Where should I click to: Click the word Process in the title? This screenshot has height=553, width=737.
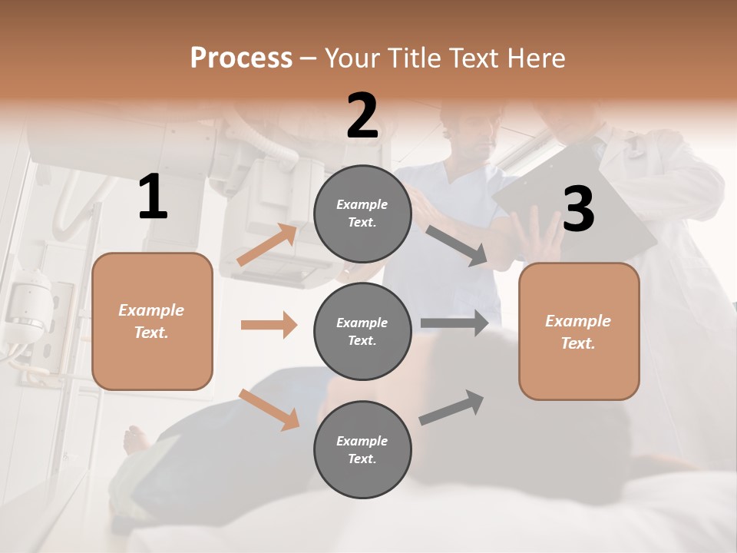click(241, 58)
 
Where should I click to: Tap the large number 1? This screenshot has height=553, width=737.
click(153, 197)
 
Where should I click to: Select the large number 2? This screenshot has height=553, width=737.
click(362, 116)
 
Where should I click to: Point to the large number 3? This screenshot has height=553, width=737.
click(578, 210)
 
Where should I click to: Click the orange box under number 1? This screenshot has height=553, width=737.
click(152, 321)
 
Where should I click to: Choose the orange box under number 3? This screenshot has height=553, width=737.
click(579, 331)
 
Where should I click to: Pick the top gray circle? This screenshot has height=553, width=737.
click(362, 214)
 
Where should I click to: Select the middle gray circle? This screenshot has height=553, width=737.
click(362, 331)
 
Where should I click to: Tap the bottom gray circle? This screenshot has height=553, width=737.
click(362, 449)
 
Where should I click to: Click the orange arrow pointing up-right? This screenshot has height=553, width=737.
click(268, 244)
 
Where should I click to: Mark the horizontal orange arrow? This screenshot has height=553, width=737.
click(269, 325)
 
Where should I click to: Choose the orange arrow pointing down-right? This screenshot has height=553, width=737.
click(269, 409)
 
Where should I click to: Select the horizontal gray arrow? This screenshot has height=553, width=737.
click(454, 323)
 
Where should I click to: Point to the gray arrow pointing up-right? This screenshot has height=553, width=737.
click(451, 407)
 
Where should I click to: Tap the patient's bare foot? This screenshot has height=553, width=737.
click(137, 439)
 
